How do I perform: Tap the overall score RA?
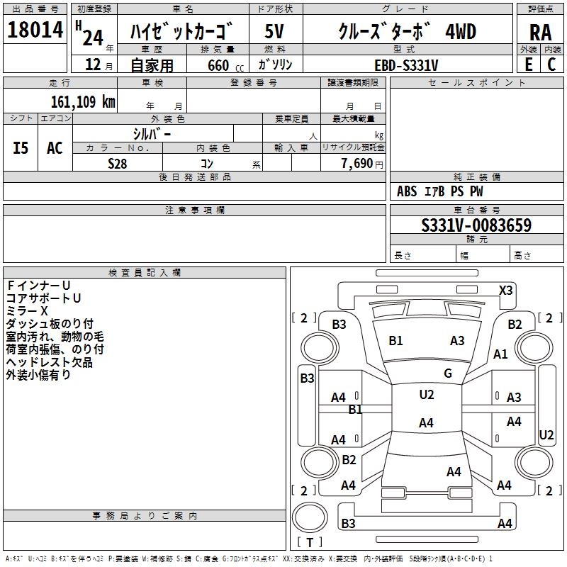(x=540, y=33)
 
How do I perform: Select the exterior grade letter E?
(x=528, y=64)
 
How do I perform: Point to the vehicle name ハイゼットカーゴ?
(x=183, y=33)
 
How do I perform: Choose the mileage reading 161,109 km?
(x=82, y=101)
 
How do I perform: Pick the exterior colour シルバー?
(x=152, y=133)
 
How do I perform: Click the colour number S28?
(x=118, y=163)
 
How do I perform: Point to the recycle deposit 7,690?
(x=356, y=163)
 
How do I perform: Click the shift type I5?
(x=21, y=148)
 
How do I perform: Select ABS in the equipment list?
(x=407, y=191)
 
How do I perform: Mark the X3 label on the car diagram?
(x=506, y=290)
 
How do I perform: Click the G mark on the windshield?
(x=448, y=373)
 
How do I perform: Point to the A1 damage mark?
(x=501, y=354)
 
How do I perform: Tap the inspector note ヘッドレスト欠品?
(x=49, y=363)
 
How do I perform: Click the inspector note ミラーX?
(x=27, y=310)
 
